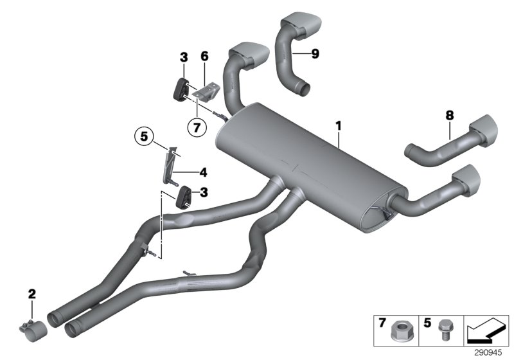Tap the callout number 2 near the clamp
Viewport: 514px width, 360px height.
point(31,294)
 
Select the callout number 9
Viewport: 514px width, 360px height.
point(314,54)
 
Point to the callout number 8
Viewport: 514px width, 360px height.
point(449,116)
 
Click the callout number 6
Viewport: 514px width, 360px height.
point(204,57)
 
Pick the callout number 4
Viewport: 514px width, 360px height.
point(203,172)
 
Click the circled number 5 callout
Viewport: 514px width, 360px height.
point(145,136)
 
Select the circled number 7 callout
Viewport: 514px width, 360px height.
point(197,127)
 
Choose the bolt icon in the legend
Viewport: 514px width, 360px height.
point(442,332)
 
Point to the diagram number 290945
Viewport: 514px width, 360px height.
point(489,353)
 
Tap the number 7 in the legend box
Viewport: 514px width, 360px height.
point(382,322)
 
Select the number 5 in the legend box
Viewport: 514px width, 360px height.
point(426,322)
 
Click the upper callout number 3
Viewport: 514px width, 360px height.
point(184,57)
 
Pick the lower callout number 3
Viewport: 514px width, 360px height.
point(203,192)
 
